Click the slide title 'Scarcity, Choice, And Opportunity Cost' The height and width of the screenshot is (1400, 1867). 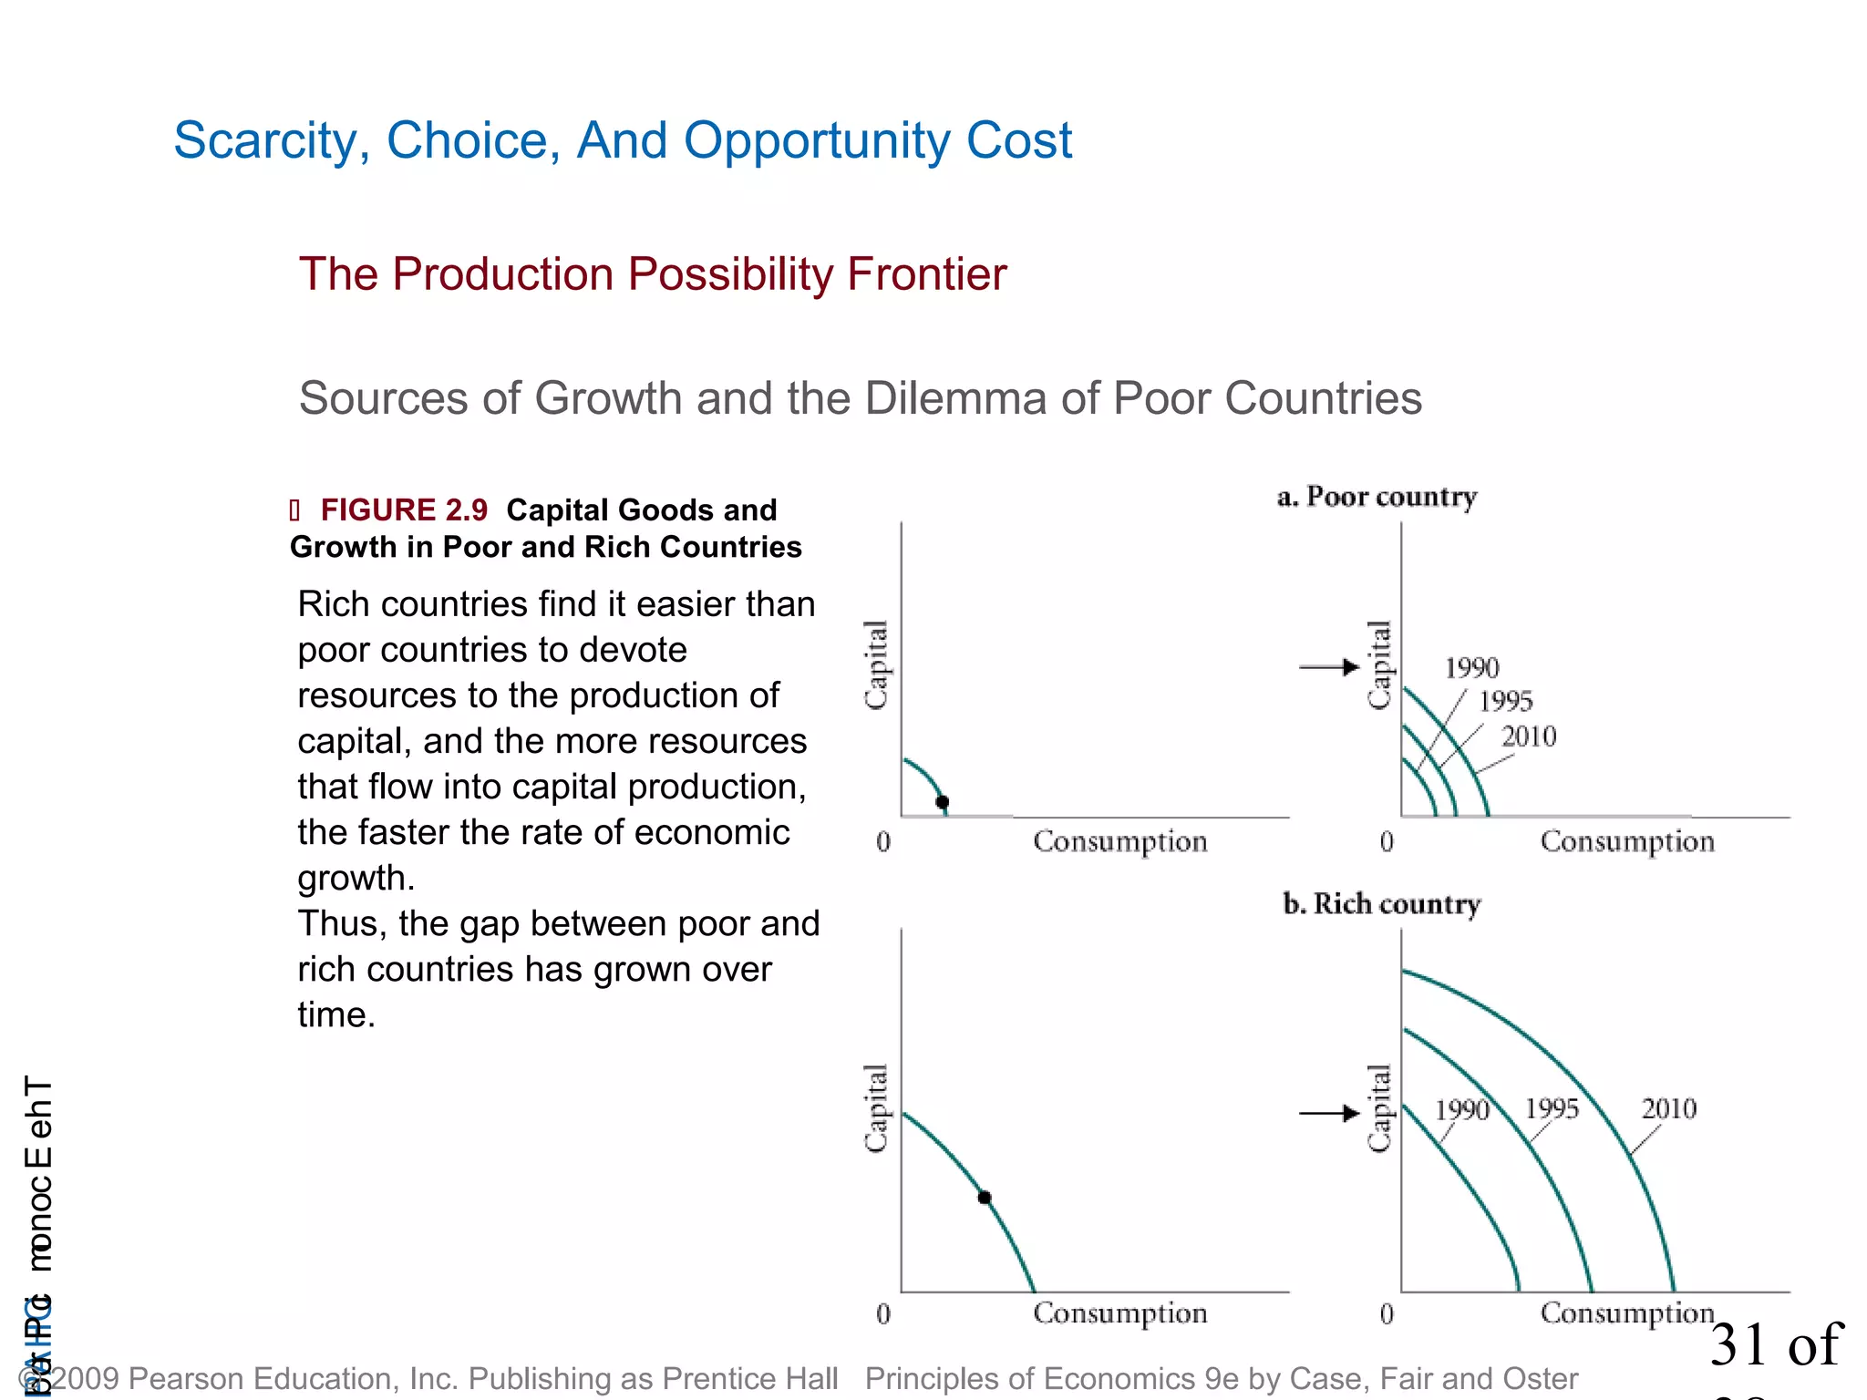(623, 141)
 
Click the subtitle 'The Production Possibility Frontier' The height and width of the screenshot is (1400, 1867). (653, 274)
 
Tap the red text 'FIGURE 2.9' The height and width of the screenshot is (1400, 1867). (404, 510)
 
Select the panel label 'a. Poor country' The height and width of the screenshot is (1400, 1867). (1377, 498)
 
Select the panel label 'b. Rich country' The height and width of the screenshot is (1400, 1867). (1381, 904)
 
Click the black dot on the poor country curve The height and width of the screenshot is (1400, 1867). (943, 802)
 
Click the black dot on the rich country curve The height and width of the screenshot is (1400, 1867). (985, 1198)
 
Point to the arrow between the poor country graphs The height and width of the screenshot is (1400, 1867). (1329, 667)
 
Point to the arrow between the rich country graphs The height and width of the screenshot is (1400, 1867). (1329, 1113)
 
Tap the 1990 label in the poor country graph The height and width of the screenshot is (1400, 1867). (1471, 669)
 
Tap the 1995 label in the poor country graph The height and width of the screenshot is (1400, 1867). (1505, 702)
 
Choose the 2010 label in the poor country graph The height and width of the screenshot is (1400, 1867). (1529, 736)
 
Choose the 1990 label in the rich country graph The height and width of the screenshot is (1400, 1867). (1461, 1110)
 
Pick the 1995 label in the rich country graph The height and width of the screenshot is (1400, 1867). (1552, 1109)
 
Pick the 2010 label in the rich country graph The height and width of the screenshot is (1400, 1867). (1668, 1109)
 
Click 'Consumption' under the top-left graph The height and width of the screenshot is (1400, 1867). (1119, 842)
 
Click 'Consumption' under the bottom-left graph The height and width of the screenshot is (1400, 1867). (1119, 1313)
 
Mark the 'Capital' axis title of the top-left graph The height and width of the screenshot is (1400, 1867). (876, 664)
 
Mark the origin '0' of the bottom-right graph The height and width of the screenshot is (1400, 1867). (1387, 1314)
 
